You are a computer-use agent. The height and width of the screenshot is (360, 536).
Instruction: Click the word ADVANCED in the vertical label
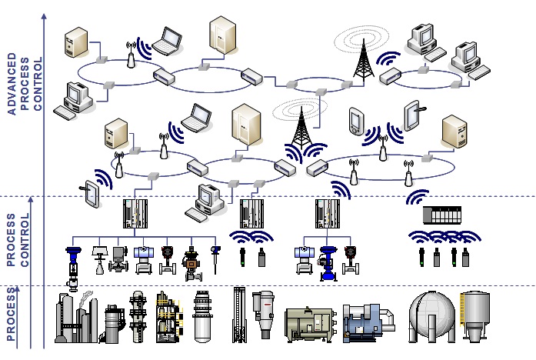tap(12, 84)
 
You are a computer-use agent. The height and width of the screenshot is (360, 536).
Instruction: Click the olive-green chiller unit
tap(308, 324)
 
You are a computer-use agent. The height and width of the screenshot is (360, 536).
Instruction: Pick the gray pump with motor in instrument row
tap(116, 261)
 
